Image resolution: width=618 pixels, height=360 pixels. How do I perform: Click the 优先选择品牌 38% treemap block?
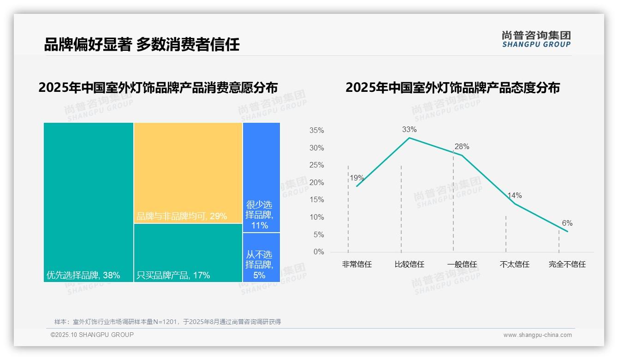click(89, 202)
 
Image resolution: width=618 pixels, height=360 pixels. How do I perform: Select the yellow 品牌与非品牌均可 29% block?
click(188, 173)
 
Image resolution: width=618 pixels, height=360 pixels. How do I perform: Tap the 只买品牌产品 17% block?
click(188, 252)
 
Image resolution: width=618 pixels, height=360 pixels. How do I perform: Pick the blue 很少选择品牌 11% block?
click(261, 177)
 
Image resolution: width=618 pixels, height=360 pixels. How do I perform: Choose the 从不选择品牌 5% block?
click(261, 257)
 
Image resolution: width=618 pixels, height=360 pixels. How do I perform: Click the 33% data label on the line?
click(409, 130)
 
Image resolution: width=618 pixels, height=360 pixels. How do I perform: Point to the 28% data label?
click(462, 147)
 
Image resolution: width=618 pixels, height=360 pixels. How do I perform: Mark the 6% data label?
click(567, 223)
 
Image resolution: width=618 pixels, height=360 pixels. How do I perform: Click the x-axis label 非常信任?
click(357, 264)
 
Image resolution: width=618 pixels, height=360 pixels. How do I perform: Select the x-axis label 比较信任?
click(409, 264)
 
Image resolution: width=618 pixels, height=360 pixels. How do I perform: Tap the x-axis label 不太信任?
click(514, 264)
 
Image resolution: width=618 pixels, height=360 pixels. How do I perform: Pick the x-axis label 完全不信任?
click(567, 264)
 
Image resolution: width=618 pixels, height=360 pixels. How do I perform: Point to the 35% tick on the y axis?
click(316, 131)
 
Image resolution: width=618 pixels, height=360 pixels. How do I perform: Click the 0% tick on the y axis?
click(319, 252)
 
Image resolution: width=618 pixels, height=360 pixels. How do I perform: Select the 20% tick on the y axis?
click(316, 183)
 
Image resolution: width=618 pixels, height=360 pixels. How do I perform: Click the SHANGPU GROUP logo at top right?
click(536, 39)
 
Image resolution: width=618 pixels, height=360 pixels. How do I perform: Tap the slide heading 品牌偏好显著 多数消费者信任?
click(142, 45)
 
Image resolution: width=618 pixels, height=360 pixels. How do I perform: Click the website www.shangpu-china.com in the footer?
click(537, 335)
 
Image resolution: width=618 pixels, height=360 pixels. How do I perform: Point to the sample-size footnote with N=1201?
click(167, 322)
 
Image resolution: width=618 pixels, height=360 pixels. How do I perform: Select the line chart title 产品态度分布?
click(452, 88)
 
